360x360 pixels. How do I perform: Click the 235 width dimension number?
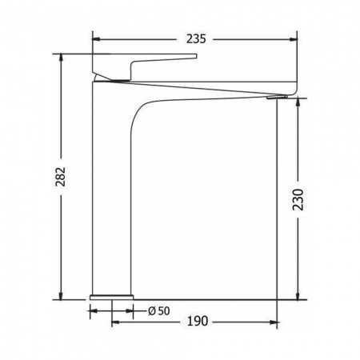196,39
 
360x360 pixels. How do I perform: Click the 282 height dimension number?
60,177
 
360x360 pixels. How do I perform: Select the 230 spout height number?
298,200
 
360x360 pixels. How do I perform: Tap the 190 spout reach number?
198,322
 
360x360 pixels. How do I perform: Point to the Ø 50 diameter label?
159,311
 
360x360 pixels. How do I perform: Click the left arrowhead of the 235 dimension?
96,39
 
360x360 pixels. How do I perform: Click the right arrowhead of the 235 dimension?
293,39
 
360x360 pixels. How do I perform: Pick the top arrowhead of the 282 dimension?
62,58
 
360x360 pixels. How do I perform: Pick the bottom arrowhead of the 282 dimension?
62,295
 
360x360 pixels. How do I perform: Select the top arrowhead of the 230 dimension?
298,102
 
